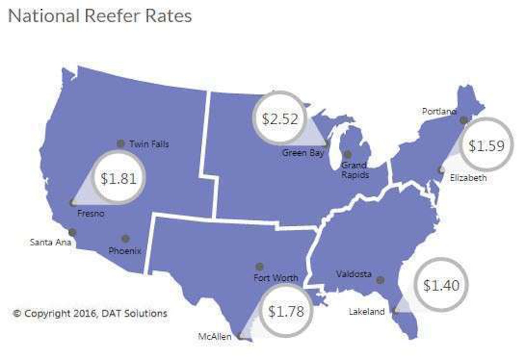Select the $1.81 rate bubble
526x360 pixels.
coord(118,178)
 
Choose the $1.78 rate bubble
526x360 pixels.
coord(286,311)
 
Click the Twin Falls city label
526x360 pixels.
coord(149,144)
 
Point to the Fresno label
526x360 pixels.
coord(90,214)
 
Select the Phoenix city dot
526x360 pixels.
coord(125,238)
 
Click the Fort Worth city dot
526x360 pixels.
coord(259,266)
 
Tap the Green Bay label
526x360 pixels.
coord(303,153)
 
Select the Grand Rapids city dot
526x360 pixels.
coord(348,154)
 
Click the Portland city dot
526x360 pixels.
coord(463,120)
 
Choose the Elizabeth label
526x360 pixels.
coord(469,178)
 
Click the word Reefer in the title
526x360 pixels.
coord(117,16)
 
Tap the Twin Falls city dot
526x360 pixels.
coord(121,143)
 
